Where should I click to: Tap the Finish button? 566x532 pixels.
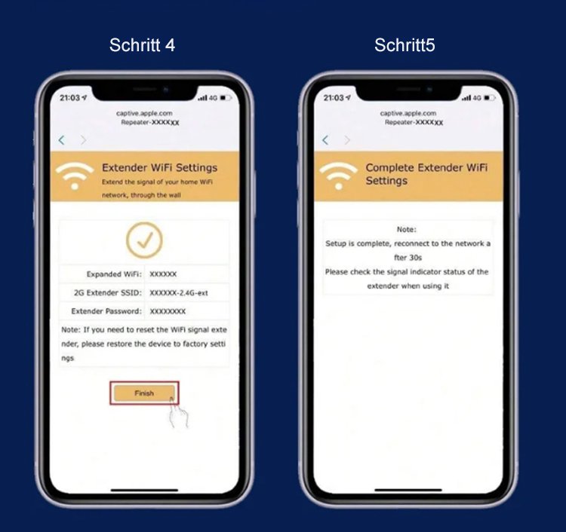(x=144, y=393)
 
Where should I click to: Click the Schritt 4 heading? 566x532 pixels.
(x=142, y=45)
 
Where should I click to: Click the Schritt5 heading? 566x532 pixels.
(x=405, y=45)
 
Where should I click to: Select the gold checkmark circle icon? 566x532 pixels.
(x=144, y=240)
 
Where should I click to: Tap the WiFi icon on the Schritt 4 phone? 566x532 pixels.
(x=75, y=176)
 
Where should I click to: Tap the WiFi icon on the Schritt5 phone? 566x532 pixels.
(x=339, y=176)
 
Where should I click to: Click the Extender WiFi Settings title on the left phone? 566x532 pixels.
(x=159, y=167)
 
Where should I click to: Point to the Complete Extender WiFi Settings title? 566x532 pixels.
(x=426, y=174)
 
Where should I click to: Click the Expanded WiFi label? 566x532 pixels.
(x=114, y=274)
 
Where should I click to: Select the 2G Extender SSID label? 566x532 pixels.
(x=108, y=292)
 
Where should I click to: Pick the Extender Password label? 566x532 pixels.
(x=106, y=311)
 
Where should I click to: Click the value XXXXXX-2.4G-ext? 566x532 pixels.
(x=179, y=293)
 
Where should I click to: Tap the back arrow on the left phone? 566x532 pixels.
(x=62, y=140)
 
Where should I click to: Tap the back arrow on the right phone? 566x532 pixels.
(x=325, y=140)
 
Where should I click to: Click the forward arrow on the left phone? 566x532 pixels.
(x=83, y=140)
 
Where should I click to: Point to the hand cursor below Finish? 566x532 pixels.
(x=179, y=413)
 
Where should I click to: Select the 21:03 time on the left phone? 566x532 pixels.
(x=69, y=98)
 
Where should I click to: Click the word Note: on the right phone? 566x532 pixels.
(x=407, y=229)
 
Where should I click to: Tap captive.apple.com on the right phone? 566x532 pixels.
(x=408, y=113)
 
